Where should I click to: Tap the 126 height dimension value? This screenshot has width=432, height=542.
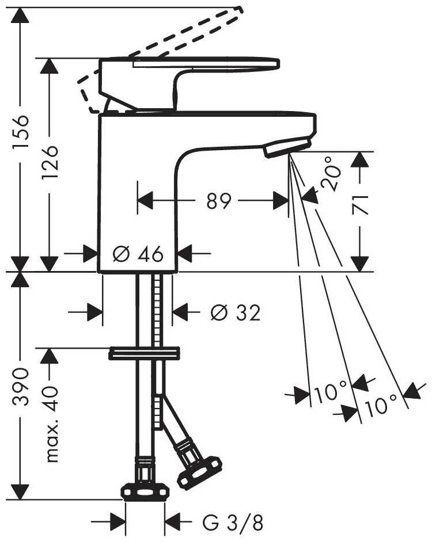click(50, 162)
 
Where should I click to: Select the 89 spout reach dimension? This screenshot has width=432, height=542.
click(218, 201)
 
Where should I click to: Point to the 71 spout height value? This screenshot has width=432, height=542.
click(360, 205)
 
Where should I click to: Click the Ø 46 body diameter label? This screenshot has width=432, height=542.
click(138, 254)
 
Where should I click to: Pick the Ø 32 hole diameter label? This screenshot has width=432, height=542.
click(236, 313)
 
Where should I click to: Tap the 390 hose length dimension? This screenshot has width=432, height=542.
click(20, 387)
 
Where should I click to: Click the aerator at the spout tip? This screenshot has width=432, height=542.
click(287, 147)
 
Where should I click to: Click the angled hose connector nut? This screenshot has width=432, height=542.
click(199, 471)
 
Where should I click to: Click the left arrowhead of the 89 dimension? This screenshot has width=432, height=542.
click(145, 201)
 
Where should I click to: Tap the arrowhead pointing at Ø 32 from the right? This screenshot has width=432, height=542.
click(180, 312)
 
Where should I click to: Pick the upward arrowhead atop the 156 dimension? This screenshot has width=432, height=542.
click(20, 15)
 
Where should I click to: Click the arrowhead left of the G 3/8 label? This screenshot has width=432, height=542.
click(118, 522)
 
